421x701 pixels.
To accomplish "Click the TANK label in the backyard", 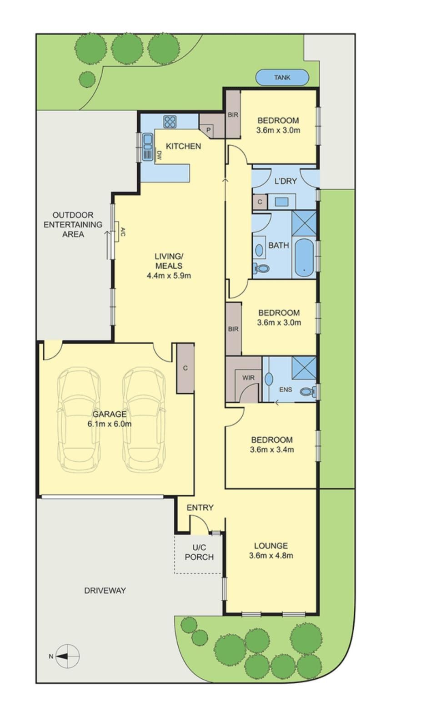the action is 282,77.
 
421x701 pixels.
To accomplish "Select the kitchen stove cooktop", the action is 170,122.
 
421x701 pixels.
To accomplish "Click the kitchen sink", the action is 147,147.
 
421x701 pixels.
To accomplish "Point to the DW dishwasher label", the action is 159,155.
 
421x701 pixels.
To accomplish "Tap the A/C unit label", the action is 123,232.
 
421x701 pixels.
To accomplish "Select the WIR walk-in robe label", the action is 248,378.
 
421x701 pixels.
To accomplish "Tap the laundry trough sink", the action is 281,202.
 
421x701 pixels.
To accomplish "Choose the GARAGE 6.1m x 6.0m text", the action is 110,419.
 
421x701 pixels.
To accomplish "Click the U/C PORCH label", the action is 200,552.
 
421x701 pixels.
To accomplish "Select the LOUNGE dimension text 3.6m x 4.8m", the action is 271,555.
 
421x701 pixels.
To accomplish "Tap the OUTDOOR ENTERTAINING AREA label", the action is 73,224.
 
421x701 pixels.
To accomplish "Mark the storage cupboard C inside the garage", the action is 185,368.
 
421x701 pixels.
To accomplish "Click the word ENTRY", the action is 200,508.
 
